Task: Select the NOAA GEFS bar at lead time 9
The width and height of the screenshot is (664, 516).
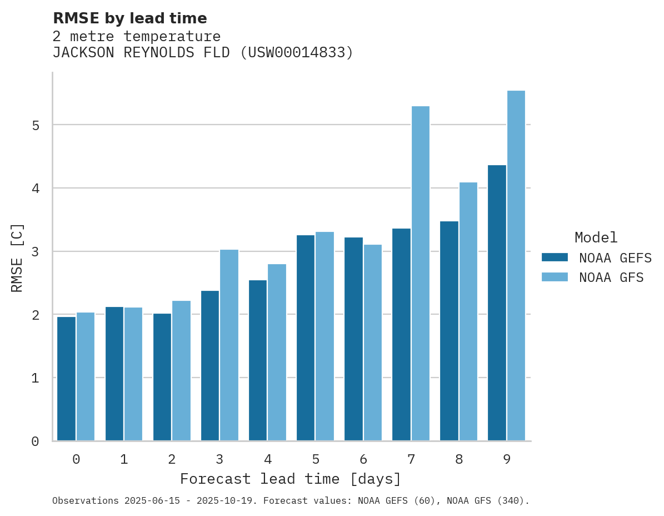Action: pyautogui.click(x=497, y=303)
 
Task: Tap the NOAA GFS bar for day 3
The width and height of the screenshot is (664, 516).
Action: pyautogui.click(x=229, y=345)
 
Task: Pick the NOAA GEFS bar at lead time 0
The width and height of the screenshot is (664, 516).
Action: pyautogui.click(x=66, y=379)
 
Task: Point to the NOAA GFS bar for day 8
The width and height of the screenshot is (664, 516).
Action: pyautogui.click(x=468, y=311)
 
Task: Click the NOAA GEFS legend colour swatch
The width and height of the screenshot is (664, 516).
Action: pyautogui.click(x=555, y=257)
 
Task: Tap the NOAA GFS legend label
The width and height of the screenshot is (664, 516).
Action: pyautogui.click(x=611, y=277)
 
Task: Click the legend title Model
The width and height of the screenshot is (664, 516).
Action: pyautogui.click(x=596, y=238)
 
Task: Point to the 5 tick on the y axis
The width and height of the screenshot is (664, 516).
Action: pyautogui.click(x=36, y=125)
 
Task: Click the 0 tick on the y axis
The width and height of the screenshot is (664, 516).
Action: pyautogui.click(x=36, y=441)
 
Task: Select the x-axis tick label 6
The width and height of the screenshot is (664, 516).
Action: pyautogui.click(x=363, y=460)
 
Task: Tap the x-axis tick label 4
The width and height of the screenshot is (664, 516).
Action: pyautogui.click(x=267, y=460)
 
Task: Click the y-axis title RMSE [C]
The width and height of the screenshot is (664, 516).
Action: pyautogui.click(x=17, y=257)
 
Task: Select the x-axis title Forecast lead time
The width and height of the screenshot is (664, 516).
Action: pyautogui.click(x=290, y=479)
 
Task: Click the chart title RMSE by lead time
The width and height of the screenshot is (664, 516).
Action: pyautogui.click(x=129, y=18)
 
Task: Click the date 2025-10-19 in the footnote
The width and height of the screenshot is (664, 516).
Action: pyautogui.click(x=232, y=501)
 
